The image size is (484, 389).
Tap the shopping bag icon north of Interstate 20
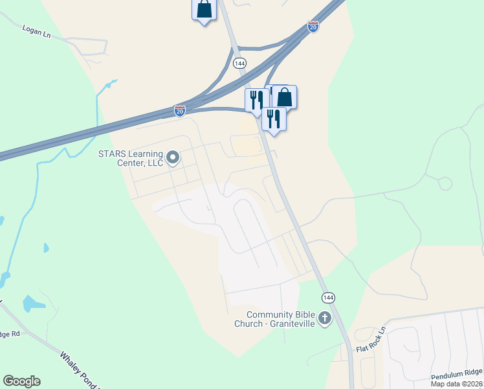(204, 9)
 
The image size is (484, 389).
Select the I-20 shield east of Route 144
(313, 27)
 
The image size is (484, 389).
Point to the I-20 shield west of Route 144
(180, 111)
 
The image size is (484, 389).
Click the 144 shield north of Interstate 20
(240, 63)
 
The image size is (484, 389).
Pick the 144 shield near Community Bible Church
(329, 298)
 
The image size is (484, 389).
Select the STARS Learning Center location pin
(173, 158)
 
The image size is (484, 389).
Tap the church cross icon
(325, 318)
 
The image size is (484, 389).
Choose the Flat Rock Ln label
(371, 340)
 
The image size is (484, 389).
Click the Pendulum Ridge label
(456, 373)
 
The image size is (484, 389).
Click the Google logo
(21, 381)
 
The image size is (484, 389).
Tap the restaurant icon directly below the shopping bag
(274, 119)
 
